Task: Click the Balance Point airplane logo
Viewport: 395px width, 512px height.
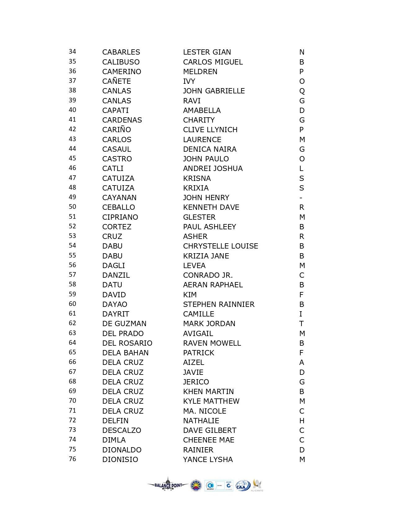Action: [x=168, y=485]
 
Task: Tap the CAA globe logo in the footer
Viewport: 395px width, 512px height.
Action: [x=243, y=486]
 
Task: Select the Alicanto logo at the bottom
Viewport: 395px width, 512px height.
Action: [x=257, y=485]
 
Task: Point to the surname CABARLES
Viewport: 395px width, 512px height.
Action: [x=121, y=52]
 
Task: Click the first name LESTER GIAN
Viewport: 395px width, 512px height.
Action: [x=207, y=52]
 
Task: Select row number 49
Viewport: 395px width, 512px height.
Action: [x=72, y=197]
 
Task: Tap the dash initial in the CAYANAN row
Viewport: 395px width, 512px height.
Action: [x=301, y=198]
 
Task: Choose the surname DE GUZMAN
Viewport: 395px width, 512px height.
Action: [x=124, y=324]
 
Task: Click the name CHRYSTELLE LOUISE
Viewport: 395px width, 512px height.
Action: [x=221, y=246]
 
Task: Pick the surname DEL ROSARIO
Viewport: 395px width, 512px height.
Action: [x=127, y=343]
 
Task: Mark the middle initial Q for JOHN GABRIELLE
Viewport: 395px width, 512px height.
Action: [x=302, y=91]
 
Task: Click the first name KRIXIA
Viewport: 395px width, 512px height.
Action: [x=196, y=188]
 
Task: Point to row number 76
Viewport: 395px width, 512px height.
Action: [x=72, y=459]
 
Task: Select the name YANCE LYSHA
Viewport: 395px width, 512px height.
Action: [x=208, y=460]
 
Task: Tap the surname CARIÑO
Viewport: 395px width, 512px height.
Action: [x=116, y=130]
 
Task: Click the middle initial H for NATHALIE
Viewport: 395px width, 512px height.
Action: [x=302, y=421]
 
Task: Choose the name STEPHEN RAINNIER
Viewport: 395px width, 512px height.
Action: [x=219, y=304]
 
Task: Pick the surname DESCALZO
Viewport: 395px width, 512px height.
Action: [x=122, y=430]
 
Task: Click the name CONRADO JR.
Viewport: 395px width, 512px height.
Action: [x=208, y=275]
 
